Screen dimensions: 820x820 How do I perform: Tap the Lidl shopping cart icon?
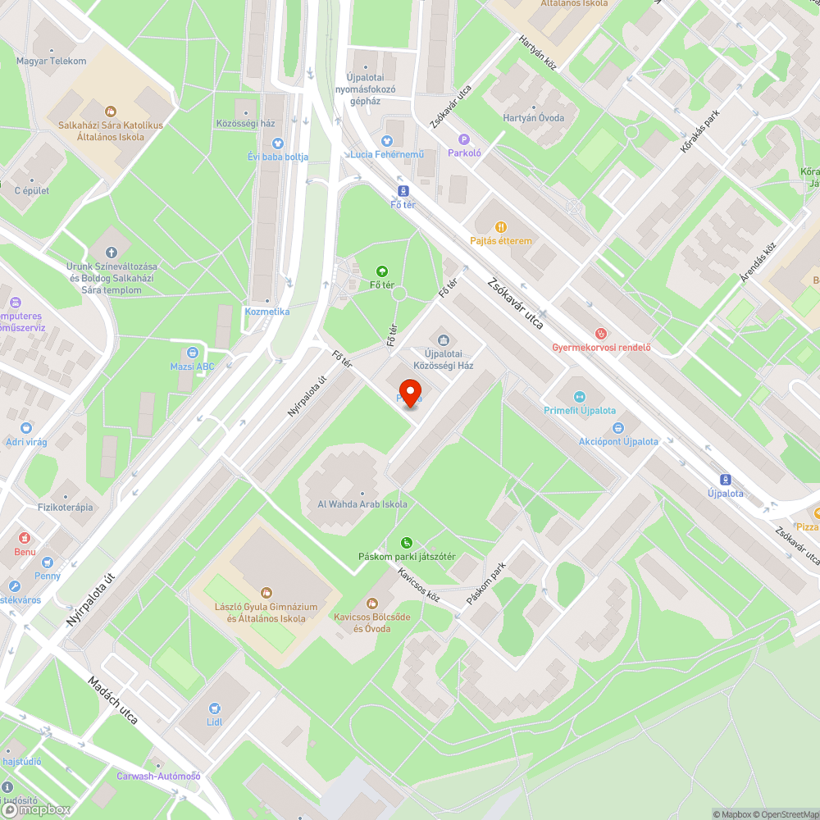pos(215,708)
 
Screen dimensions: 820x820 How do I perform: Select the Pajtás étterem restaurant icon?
pos(500,227)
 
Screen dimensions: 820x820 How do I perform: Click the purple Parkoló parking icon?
pos(463,139)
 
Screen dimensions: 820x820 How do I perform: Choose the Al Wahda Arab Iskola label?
pos(362,504)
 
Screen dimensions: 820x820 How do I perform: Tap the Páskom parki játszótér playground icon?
pos(407,543)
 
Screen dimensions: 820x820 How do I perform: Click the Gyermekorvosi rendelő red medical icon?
pos(601,333)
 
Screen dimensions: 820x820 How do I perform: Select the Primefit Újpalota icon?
pos(579,396)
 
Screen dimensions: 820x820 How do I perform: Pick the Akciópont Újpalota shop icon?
pos(618,427)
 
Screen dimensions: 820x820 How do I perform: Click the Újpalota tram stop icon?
pos(725,480)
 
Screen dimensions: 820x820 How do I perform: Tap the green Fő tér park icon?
pos(381,271)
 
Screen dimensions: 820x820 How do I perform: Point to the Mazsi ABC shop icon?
pos(192,353)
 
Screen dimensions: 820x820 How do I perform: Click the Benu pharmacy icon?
pos(25,538)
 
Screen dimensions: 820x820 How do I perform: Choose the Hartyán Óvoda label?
pos(533,118)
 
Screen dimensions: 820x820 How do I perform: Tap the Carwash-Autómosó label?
pos(158,776)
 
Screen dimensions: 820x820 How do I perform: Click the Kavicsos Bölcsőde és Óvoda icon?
pos(371,604)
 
